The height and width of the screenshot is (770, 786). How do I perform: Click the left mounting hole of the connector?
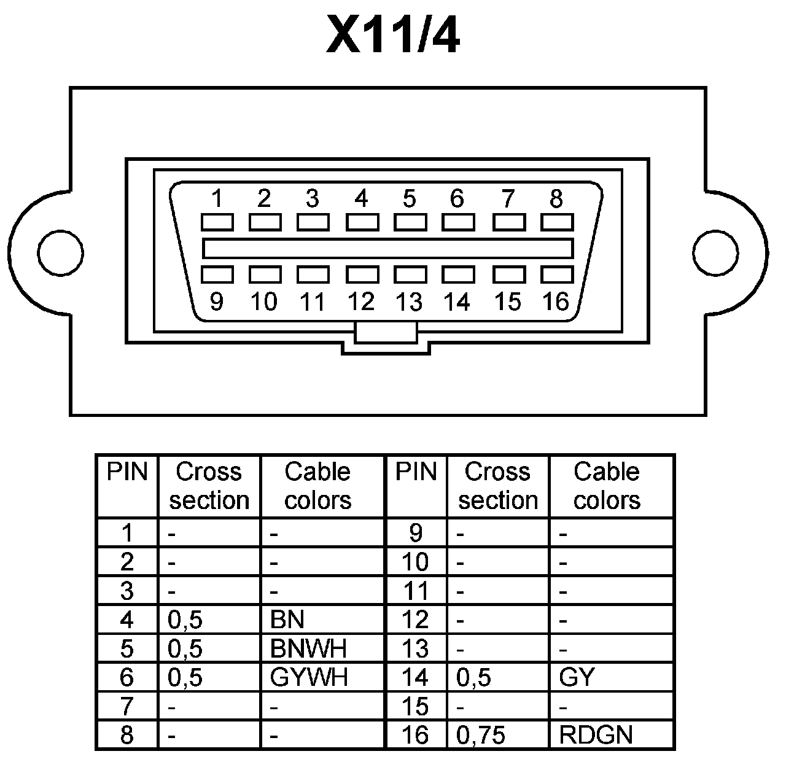click(x=60, y=252)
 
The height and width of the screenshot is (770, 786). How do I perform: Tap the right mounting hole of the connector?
click(x=715, y=252)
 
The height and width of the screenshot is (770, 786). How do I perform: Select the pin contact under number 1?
click(x=217, y=222)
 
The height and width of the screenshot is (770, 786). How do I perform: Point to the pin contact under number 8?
click(x=556, y=222)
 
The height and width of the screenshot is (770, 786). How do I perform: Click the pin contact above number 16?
click(x=556, y=274)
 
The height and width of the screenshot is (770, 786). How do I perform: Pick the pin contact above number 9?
click(x=217, y=274)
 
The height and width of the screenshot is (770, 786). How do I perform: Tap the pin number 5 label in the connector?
click(x=410, y=199)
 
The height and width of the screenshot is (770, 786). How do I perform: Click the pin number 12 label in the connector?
click(x=361, y=302)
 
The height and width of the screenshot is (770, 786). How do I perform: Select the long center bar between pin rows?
click(x=387, y=248)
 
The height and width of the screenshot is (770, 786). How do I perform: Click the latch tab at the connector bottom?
click(x=386, y=335)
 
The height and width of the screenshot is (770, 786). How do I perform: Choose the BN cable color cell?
click(x=287, y=620)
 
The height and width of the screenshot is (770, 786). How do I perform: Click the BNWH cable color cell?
click(x=308, y=648)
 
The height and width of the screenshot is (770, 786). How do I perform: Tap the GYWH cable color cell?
click(x=309, y=677)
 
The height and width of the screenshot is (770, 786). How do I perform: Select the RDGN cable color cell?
click(x=596, y=735)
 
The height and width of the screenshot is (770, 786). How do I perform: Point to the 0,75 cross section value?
click(x=481, y=735)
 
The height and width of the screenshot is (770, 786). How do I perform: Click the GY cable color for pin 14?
click(x=577, y=677)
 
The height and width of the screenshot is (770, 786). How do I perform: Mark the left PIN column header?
click(x=127, y=472)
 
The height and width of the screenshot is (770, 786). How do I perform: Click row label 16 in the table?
click(x=415, y=735)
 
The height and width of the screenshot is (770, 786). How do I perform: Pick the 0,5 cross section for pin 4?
click(x=185, y=620)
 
